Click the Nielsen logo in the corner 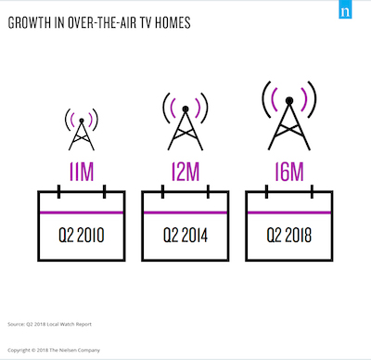(x=345, y=9)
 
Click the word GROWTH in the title (x=30, y=23)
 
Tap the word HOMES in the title (x=173, y=23)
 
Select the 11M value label (x=82, y=172)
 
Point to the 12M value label (x=185, y=172)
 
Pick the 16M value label (x=289, y=172)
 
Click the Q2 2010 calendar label (x=82, y=235)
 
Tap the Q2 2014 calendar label (x=185, y=235)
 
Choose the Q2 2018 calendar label (x=289, y=235)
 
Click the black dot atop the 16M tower (x=289, y=100)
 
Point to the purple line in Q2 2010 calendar (x=82, y=212)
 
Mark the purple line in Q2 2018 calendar (x=289, y=212)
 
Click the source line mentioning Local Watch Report (x=49, y=324)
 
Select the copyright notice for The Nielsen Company (x=54, y=350)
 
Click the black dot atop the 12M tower (x=185, y=109)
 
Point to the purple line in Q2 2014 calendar (x=185, y=212)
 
